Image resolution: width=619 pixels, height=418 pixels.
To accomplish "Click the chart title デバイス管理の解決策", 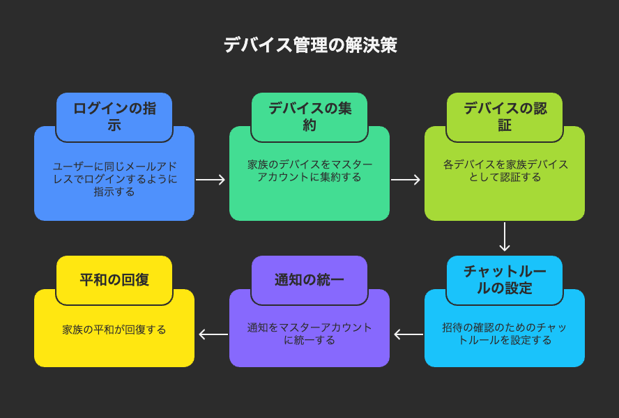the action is coord(310,45).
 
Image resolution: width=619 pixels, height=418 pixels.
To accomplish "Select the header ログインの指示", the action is coord(114,116).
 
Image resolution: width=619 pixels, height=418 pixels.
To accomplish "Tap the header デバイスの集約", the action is coord(310,116).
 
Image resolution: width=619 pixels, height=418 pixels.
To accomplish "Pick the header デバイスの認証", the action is coord(505,116).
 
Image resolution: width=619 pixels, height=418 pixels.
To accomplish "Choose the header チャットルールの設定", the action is coord(505,279).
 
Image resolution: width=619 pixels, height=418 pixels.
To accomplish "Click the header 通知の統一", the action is coord(309,279).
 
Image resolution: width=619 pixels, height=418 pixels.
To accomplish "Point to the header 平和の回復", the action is coord(114,279).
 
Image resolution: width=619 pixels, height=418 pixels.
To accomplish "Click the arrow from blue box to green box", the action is coord(211,180).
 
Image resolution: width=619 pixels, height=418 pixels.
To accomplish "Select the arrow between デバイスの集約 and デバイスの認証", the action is coord(406,180).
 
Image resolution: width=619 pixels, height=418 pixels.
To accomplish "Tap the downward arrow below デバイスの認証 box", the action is coord(505,236).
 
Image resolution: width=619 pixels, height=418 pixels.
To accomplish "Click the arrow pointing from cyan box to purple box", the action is coord(408,334).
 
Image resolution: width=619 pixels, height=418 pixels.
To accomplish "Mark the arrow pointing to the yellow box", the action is coord(213,334).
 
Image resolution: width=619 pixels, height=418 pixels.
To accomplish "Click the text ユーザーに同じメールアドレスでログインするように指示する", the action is coord(114,179).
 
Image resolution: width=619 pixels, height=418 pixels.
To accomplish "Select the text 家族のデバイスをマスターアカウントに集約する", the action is coord(309,171).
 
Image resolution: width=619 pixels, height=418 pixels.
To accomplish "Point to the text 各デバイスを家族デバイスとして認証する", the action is coord(505,171).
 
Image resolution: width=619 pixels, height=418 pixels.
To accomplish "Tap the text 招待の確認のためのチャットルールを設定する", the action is coord(505,334).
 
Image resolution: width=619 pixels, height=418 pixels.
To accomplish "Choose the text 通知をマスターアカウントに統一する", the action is coord(309,334).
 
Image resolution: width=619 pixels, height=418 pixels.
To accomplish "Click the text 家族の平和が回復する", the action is coord(114,330).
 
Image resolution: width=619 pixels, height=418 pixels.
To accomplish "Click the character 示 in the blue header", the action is coord(114,125).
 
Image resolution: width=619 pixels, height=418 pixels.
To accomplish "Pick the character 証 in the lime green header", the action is coord(505,125).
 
